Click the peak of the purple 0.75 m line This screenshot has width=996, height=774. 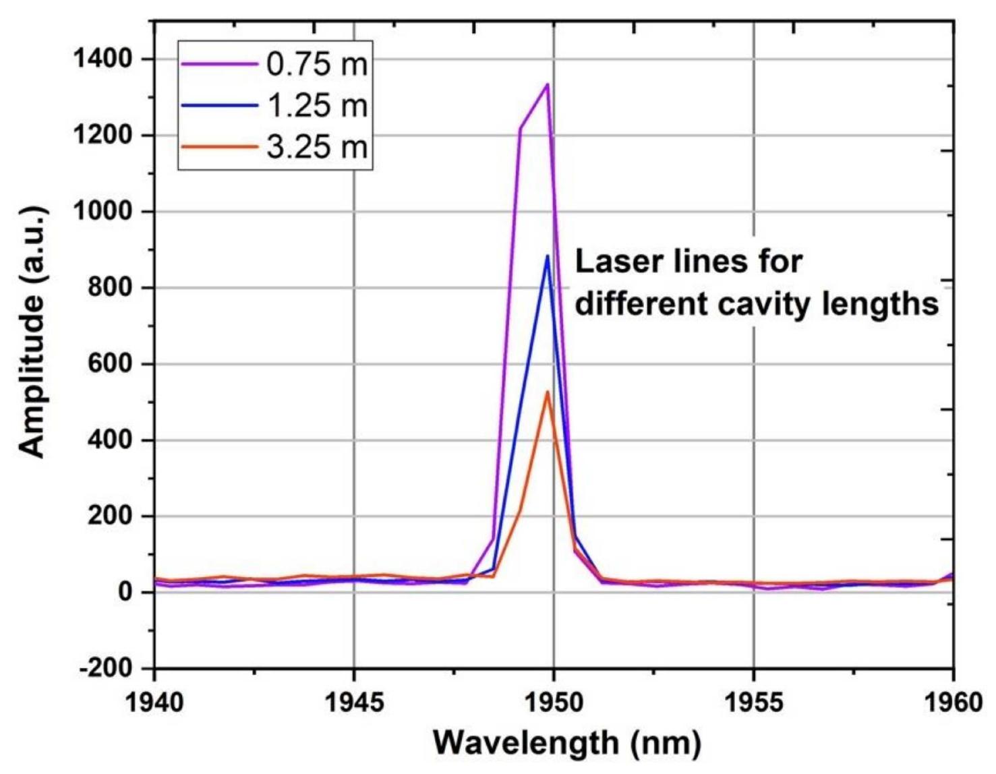point(547,84)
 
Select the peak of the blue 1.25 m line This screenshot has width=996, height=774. point(548,256)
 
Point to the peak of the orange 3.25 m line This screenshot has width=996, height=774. point(548,391)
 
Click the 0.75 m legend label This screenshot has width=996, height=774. point(317,64)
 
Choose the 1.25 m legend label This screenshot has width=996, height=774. point(317,106)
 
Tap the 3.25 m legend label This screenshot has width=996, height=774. point(317,147)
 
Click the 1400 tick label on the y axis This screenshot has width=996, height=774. point(102,59)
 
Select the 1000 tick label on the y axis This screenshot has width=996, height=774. point(102,212)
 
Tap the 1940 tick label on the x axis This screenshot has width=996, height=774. point(154,702)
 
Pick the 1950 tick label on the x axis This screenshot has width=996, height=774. point(554,702)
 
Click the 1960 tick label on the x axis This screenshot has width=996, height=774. point(951,702)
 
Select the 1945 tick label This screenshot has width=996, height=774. point(354,702)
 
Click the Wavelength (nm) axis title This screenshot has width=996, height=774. point(566,742)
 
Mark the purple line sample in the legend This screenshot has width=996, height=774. point(219,64)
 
